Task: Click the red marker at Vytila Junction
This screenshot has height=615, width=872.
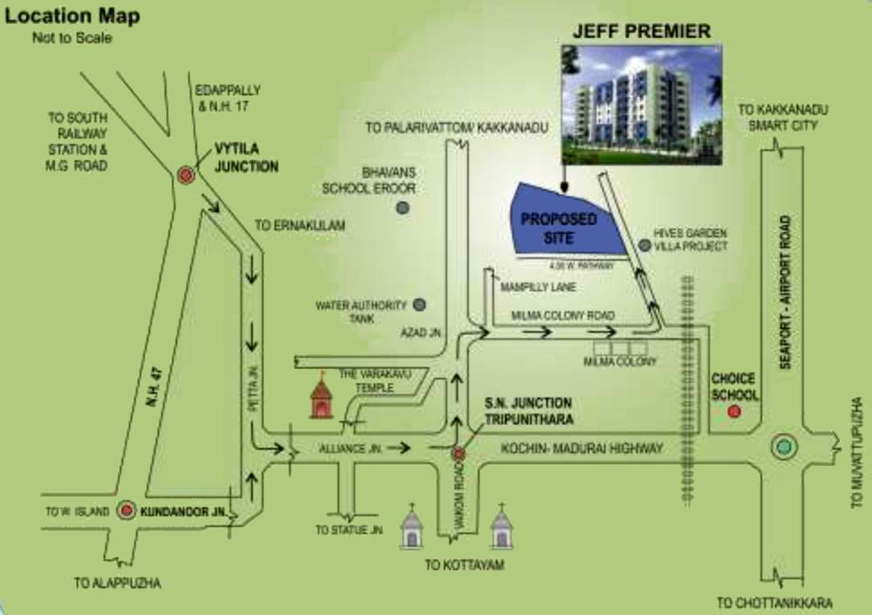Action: pyautogui.click(x=186, y=175)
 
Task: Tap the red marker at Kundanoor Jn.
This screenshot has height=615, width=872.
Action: pyautogui.click(x=126, y=510)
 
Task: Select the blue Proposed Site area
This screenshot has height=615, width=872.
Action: pyautogui.click(x=561, y=223)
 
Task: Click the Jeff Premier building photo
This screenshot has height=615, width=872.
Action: pyautogui.click(x=641, y=104)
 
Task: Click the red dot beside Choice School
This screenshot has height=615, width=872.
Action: pyautogui.click(x=733, y=412)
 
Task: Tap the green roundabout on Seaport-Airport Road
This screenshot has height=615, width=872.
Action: pyautogui.click(x=784, y=447)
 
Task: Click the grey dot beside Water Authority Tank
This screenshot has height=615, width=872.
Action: pyautogui.click(x=419, y=304)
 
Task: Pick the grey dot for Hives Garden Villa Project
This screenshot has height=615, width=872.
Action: pyautogui.click(x=643, y=243)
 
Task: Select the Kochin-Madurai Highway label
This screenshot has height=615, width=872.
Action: pyautogui.click(x=582, y=448)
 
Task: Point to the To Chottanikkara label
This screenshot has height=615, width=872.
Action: pyautogui.click(x=774, y=602)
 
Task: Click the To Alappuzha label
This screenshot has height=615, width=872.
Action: pyautogui.click(x=117, y=583)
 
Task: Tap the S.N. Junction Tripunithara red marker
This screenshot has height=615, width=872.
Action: pyautogui.click(x=458, y=454)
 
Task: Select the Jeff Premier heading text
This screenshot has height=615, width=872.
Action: pyautogui.click(x=641, y=32)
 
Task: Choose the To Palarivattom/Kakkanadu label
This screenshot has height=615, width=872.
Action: pyautogui.click(x=457, y=127)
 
